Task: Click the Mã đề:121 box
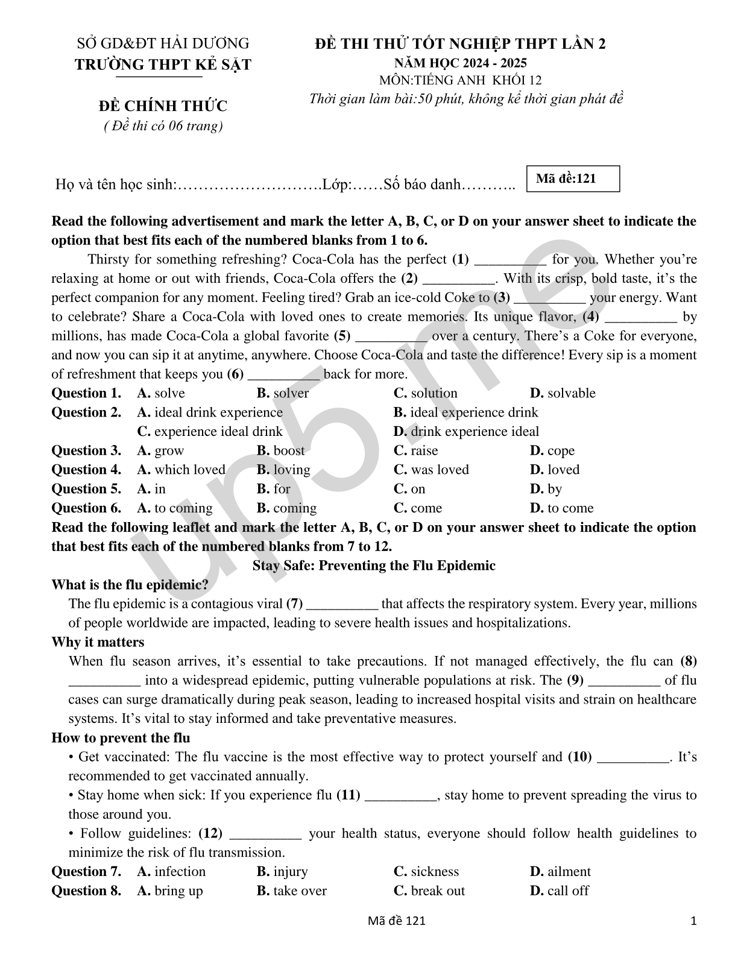click(573, 178)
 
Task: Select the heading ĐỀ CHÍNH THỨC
click(163, 106)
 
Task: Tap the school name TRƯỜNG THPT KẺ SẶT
click(163, 65)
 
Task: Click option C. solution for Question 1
click(426, 393)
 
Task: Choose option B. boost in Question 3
click(280, 450)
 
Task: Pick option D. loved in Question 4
click(555, 470)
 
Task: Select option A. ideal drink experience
click(210, 412)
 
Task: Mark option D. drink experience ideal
click(466, 432)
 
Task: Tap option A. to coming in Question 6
click(175, 508)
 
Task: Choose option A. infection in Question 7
click(171, 872)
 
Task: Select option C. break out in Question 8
click(429, 891)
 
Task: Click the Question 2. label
click(86, 412)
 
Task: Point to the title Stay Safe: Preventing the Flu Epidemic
click(374, 566)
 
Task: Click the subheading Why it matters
click(98, 642)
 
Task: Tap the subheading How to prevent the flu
click(121, 738)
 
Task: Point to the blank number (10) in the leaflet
click(580, 757)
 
